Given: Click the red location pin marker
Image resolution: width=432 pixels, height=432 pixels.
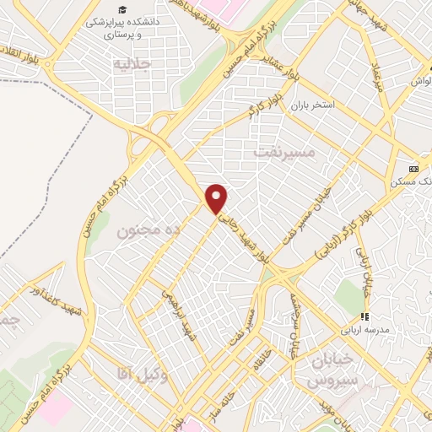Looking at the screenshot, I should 218,198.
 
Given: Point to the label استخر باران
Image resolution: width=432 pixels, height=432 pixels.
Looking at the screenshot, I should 314,106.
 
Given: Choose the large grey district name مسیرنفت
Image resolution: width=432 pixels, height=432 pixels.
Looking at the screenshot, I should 283,152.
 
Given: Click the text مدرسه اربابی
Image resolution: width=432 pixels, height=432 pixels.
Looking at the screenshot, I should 363,331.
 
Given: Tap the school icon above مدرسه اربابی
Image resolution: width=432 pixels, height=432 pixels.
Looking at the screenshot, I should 364,316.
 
